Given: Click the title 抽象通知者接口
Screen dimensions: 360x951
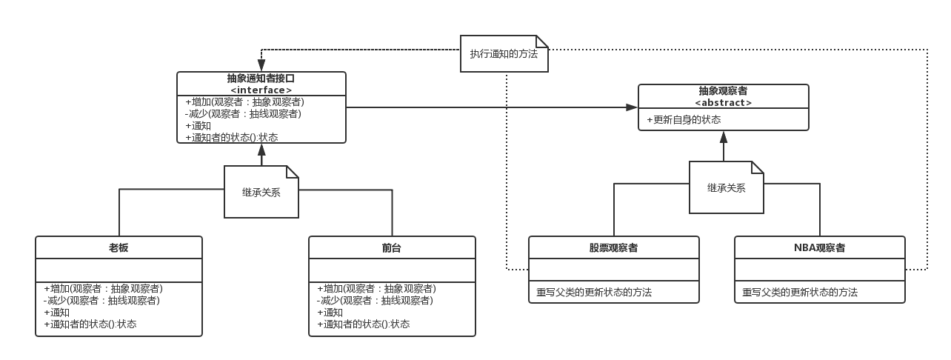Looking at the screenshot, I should click(x=261, y=79).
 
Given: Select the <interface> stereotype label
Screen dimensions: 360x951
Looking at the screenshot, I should click(x=261, y=90).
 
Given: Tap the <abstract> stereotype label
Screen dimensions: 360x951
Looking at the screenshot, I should click(x=723, y=102).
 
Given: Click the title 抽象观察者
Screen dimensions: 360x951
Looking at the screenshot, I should click(x=723, y=91).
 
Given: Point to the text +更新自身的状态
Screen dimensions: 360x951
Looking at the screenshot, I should click(x=684, y=119).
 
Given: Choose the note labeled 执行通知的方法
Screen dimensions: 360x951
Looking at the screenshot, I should click(x=504, y=54).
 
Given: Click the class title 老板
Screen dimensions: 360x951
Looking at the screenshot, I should click(x=119, y=247).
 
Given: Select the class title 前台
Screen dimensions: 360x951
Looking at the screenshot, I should click(x=392, y=247).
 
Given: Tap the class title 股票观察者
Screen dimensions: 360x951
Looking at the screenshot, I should click(x=613, y=247).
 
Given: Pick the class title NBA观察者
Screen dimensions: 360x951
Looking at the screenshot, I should click(x=819, y=247).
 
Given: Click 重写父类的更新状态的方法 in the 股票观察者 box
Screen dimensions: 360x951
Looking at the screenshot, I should click(x=594, y=293).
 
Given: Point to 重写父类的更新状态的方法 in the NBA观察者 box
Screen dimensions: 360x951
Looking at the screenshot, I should click(x=800, y=293).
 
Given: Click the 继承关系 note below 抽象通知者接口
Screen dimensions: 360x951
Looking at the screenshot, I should click(x=261, y=192).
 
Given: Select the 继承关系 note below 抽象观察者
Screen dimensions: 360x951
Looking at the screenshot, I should click(x=726, y=188).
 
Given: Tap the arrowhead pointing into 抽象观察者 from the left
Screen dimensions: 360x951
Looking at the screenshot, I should click(x=632, y=107).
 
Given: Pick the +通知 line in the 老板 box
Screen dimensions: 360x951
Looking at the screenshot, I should click(x=57, y=312).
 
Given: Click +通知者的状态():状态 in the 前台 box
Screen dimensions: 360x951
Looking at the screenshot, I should click(x=363, y=324).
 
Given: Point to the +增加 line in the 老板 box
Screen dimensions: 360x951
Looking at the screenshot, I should click(x=104, y=288).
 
